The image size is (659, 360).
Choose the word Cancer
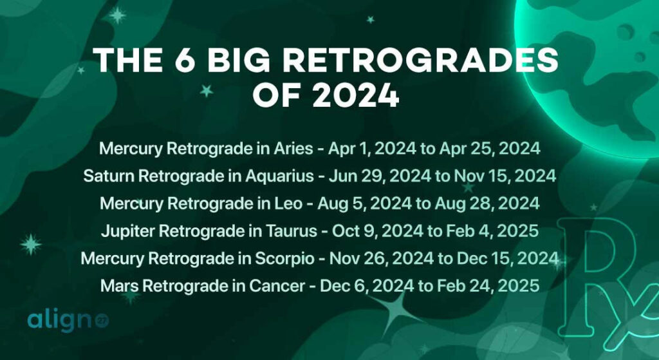[288, 285]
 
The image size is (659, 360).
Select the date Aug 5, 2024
[367, 204]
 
